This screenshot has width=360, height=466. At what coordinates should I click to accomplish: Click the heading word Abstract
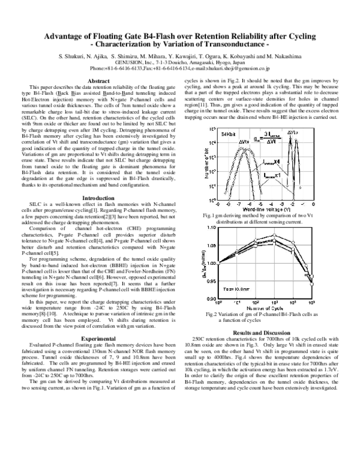tap(98, 80)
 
